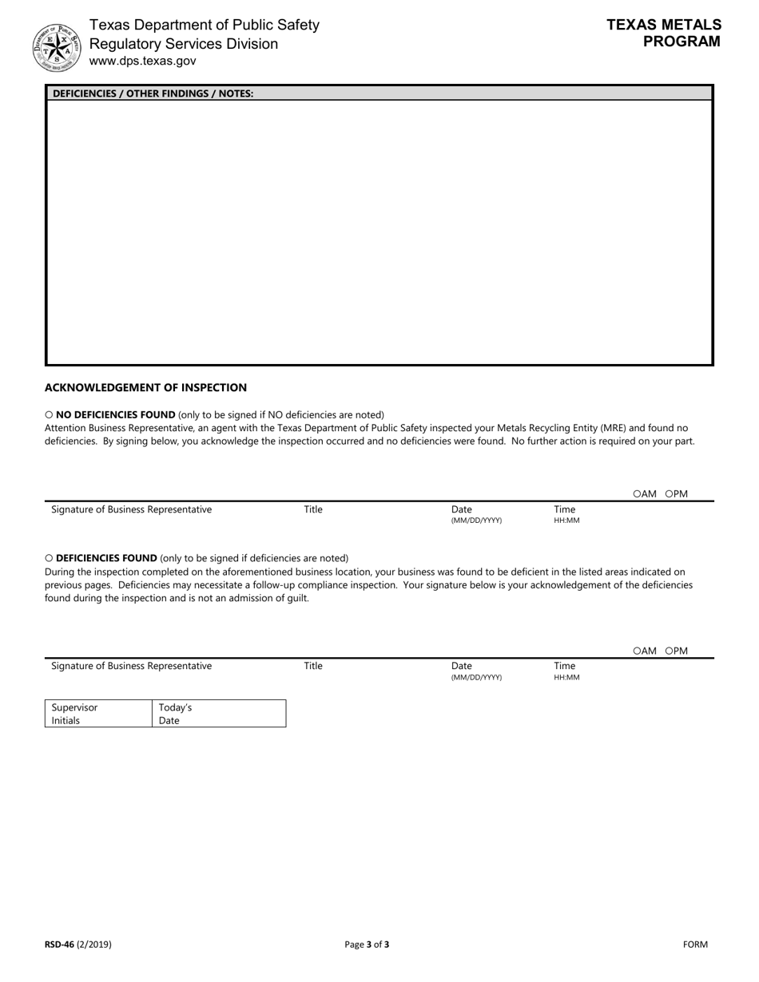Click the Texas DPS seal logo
pos(57,47)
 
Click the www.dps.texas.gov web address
pos(142,61)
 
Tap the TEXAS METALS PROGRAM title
pos(663,34)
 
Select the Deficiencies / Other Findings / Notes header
pos(153,93)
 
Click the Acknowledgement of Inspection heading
pos(145,387)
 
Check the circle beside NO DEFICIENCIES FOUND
pos(49,415)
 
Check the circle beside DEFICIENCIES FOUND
pos(49,559)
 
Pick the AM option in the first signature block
pos(638,494)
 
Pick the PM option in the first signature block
pos(670,494)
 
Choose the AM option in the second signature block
pos(638,651)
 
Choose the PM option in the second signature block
pos(670,651)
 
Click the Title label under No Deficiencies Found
pos(313,509)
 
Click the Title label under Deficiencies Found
pos(313,666)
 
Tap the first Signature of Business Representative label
pos(132,509)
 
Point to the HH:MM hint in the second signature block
pos(566,677)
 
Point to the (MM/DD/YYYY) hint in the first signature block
pos(476,521)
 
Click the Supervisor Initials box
pos(98,714)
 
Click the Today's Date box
pos(218,714)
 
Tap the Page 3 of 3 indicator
pos(367,944)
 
